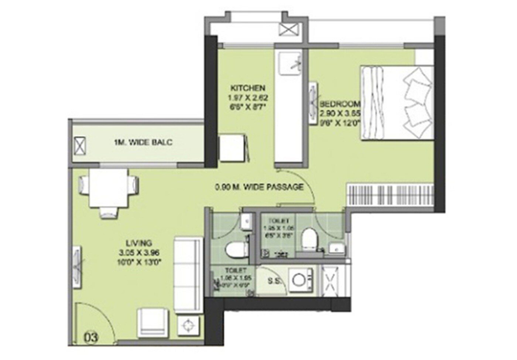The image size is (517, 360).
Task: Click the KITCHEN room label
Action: pyautogui.click(x=247, y=88)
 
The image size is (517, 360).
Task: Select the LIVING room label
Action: pyautogui.click(x=139, y=243)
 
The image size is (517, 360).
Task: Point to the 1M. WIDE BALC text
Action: pyautogui.click(x=143, y=142)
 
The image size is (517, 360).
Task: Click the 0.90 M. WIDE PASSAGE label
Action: pyautogui.click(x=259, y=187)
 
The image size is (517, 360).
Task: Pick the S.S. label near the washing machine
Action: pyautogui.click(x=274, y=281)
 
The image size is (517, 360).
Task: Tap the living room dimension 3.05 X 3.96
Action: pyautogui.click(x=139, y=253)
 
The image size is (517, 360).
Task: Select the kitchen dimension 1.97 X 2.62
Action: pyautogui.click(x=247, y=98)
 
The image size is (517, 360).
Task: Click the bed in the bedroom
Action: pyautogui.click(x=397, y=103)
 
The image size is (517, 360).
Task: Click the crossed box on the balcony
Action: pyautogui.click(x=80, y=146)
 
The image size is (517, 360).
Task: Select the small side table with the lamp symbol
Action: pyautogui.click(x=189, y=326)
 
